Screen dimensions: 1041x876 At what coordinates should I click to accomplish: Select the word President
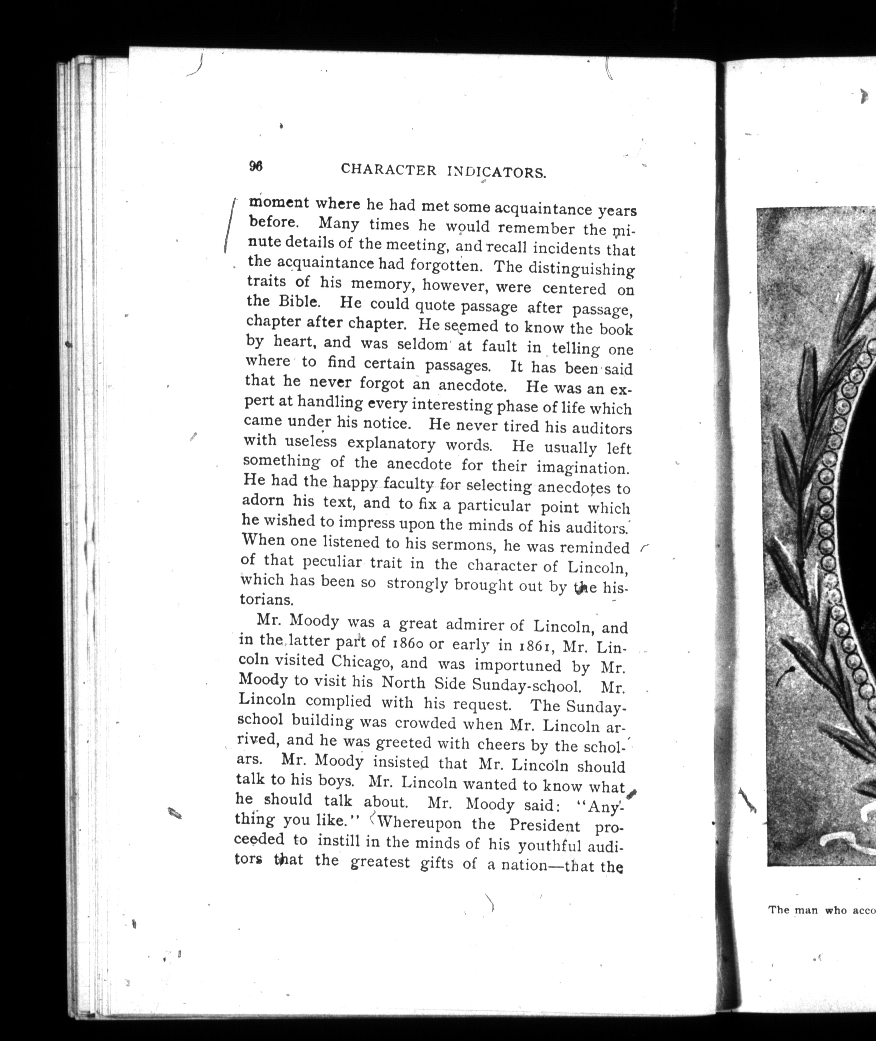pyautogui.click(x=545, y=826)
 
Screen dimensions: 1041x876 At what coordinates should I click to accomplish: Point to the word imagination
pyautogui.click(x=582, y=467)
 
